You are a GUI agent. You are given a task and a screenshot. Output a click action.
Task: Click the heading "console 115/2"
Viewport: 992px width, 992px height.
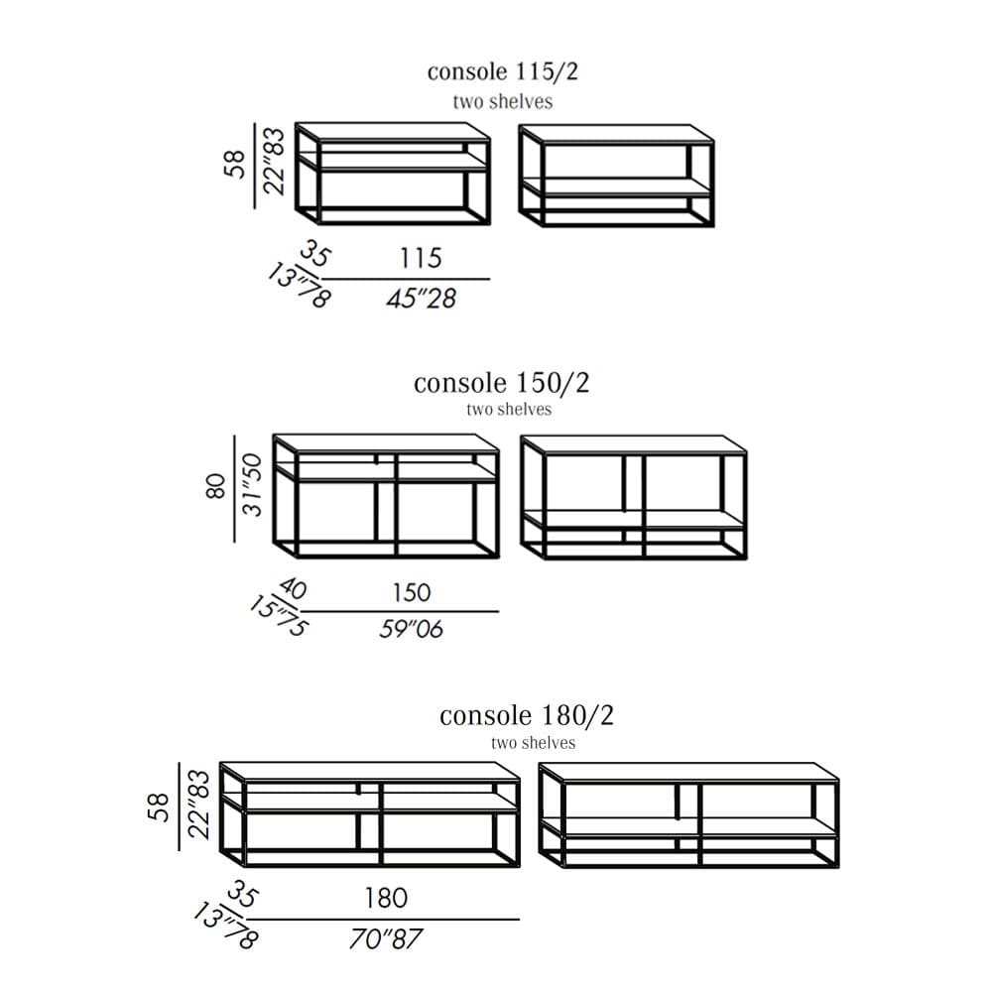pyautogui.click(x=502, y=71)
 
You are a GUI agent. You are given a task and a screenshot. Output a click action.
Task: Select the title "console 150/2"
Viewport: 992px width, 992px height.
pyautogui.click(x=501, y=383)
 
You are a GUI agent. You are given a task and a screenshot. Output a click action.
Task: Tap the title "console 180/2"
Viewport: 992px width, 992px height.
pyautogui.click(x=527, y=715)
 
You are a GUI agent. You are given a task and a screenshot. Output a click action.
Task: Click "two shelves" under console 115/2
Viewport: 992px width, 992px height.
pyautogui.click(x=502, y=101)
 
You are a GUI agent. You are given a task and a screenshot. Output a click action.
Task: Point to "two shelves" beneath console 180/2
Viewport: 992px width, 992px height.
pyautogui.click(x=534, y=742)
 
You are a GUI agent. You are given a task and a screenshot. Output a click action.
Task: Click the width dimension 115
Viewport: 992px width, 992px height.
pyautogui.click(x=421, y=258)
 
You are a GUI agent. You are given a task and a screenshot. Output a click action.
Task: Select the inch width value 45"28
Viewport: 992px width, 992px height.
pyautogui.click(x=422, y=298)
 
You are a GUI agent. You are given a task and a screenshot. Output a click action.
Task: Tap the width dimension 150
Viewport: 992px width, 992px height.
pyautogui.click(x=412, y=593)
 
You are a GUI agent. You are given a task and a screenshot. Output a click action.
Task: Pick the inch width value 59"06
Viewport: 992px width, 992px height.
pyautogui.click(x=412, y=629)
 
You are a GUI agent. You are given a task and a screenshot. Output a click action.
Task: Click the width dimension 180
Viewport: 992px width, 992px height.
pyautogui.click(x=386, y=898)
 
